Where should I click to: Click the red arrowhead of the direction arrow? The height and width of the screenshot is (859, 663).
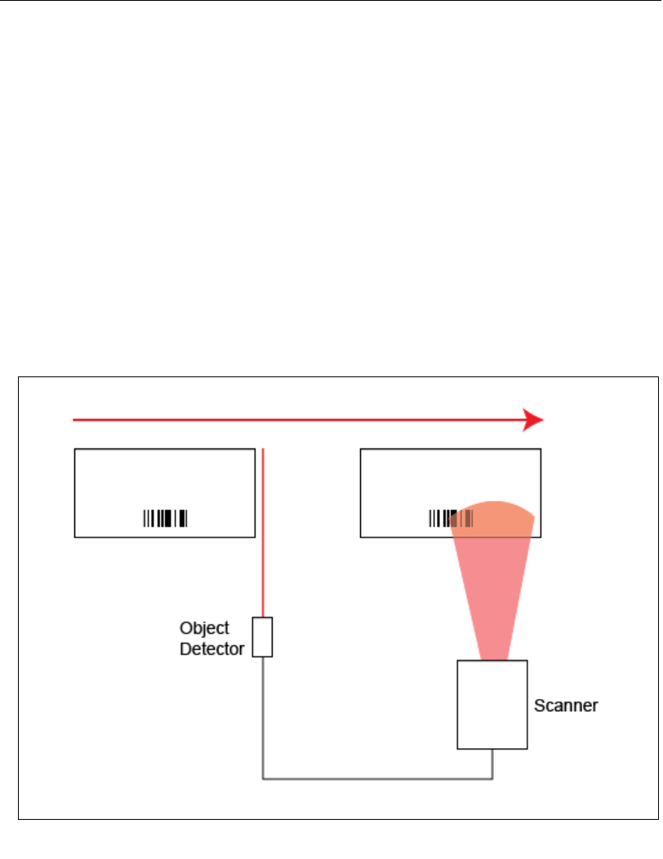[534, 420]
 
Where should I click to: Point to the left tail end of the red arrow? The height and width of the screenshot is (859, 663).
[74, 420]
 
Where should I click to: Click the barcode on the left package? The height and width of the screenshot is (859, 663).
[165, 518]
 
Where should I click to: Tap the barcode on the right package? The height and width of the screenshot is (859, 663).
[441, 518]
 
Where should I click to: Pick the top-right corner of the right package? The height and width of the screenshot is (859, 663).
[541, 449]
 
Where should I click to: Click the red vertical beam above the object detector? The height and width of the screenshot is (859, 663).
[263, 531]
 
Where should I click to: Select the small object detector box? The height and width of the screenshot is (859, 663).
[262, 637]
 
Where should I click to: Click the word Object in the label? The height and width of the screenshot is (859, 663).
[204, 629]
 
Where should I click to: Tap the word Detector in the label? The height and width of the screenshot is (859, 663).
[212, 650]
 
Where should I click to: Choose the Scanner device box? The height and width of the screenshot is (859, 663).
[492, 704]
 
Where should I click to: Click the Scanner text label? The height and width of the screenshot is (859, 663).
[566, 705]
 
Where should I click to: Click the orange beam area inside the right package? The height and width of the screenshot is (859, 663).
[493, 519]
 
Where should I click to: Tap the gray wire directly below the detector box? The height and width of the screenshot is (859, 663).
[263, 710]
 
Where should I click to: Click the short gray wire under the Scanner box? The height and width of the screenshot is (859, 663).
[492, 763]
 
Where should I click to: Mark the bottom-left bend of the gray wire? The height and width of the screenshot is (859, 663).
[263, 778]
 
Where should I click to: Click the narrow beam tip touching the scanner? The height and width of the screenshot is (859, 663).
[493, 655]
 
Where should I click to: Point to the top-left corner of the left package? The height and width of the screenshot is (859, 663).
[75, 449]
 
